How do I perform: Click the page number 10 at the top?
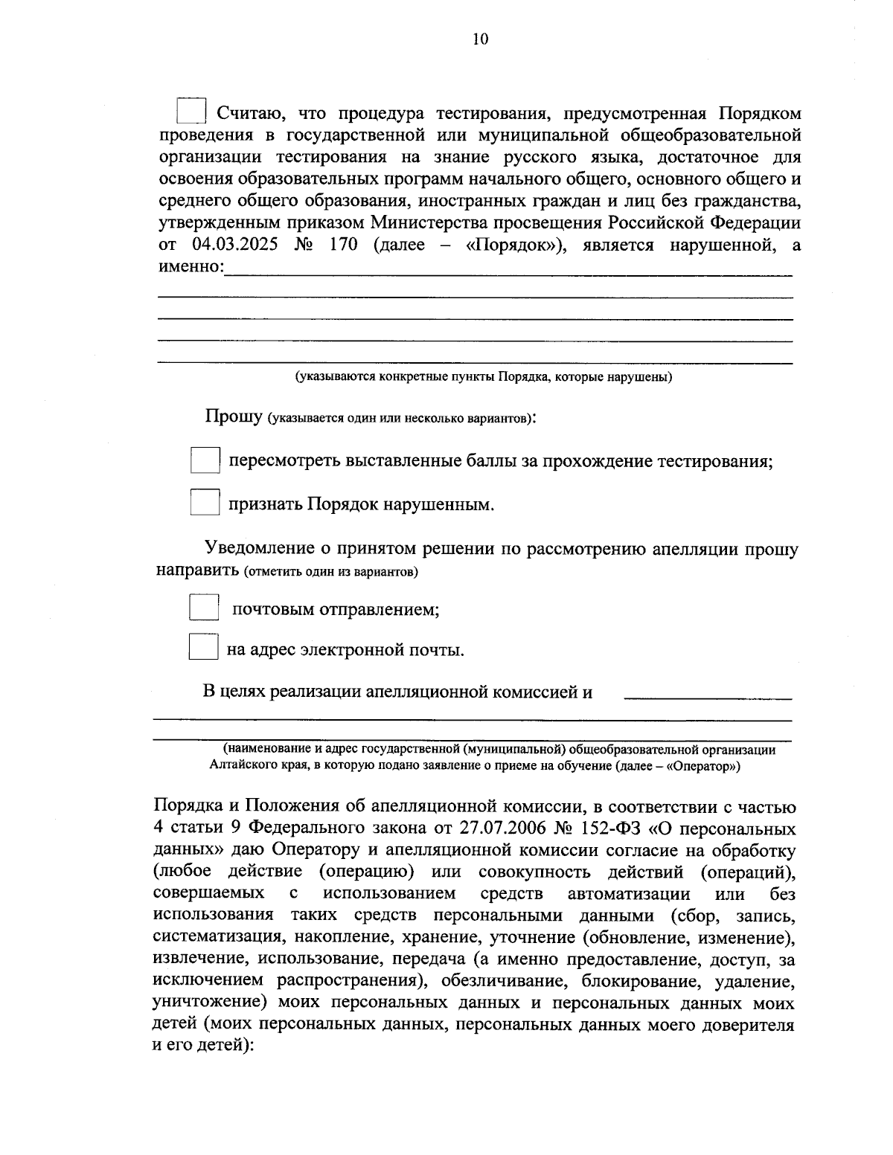479,39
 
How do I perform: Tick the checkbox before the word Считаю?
191,111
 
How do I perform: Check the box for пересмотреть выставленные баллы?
205,460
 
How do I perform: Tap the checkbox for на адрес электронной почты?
202,646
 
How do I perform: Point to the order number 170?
342,245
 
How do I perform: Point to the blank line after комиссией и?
707,695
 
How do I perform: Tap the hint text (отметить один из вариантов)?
330,573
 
